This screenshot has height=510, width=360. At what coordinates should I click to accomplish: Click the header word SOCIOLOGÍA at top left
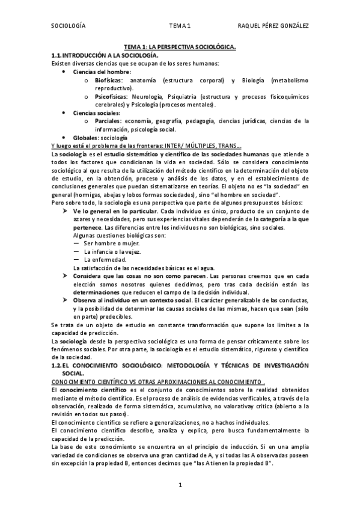pyautogui.click(x=69, y=26)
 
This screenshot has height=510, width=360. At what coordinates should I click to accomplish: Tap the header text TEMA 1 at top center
pyautogui.click(x=180, y=26)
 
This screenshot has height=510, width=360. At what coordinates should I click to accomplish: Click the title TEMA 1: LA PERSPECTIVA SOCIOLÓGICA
pyautogui.click(x=180, y=46)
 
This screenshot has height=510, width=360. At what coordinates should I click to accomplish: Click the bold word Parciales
pyautogui.click(x=107, y=121)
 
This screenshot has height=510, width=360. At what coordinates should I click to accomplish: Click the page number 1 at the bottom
pyautogui.click(x=180, y=485)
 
